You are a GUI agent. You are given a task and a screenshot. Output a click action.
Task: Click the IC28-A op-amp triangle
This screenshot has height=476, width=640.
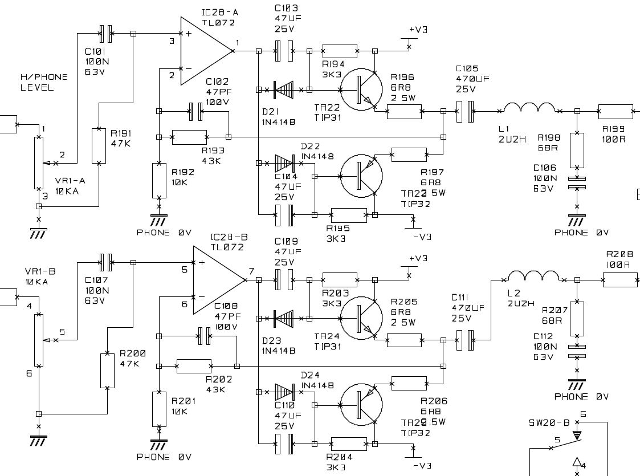pos(202,51)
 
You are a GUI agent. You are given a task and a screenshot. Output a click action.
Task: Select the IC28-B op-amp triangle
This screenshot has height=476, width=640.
pos(215,280)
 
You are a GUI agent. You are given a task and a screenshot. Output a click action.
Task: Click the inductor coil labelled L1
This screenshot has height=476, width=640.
pos(528,108)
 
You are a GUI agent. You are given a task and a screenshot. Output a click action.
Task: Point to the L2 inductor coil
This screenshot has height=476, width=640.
pos(533,276)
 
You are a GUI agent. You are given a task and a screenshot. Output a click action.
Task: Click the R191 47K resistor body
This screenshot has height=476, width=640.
pos(99,146)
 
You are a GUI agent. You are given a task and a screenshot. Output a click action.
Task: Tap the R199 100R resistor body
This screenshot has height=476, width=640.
pos(615,112)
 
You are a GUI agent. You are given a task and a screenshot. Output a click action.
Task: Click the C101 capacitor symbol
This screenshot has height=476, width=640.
pos(105,34)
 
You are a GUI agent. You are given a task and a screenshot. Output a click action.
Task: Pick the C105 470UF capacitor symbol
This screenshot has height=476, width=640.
pos(466,112)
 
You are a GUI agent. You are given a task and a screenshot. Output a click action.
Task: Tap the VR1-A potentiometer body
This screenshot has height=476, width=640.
pos(39,162)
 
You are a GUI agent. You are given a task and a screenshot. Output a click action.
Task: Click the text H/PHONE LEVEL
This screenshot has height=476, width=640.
pos(44,82)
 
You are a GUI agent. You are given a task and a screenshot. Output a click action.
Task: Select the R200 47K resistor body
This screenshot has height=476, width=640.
pos(107,371)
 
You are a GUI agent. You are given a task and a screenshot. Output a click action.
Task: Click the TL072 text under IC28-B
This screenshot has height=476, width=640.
pos(227,247)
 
